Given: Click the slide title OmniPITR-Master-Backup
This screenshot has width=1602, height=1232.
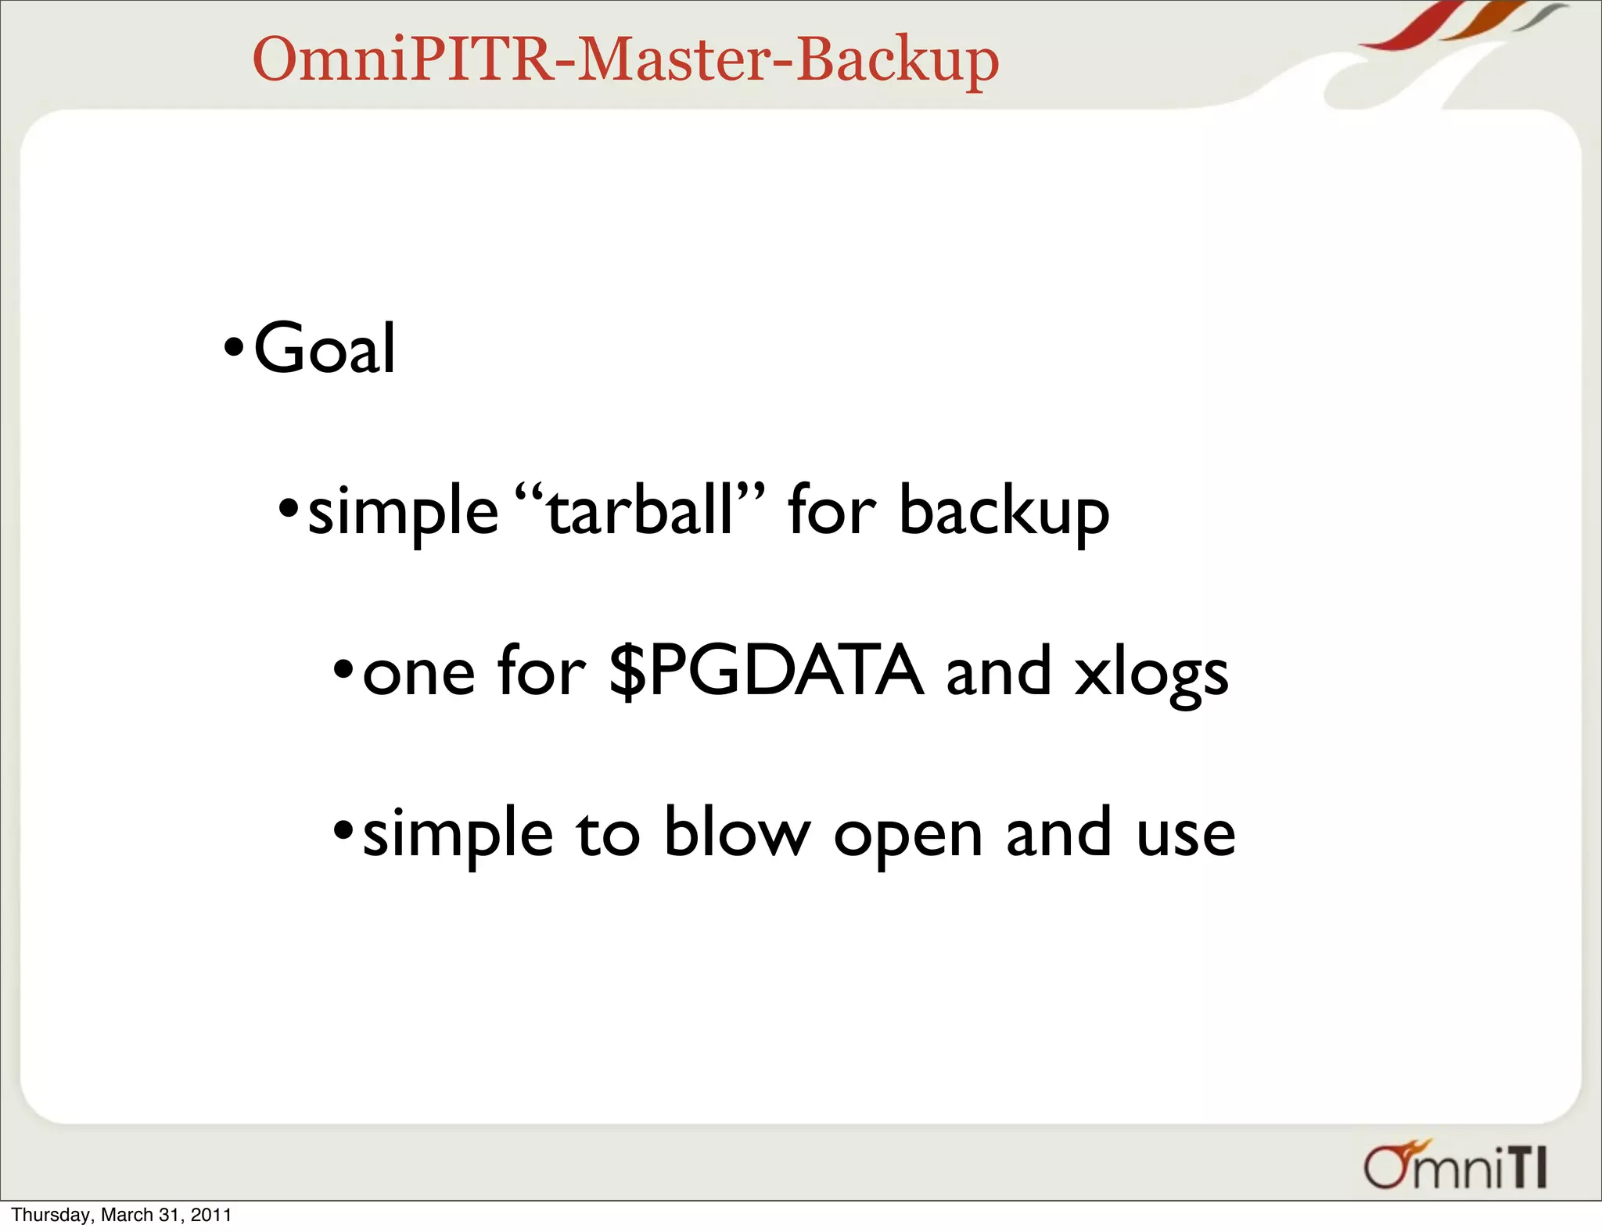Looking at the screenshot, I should coord(625,60).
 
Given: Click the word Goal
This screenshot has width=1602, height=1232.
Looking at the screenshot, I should coord(325,349).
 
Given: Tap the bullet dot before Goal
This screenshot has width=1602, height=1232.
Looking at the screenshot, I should coord(234,346).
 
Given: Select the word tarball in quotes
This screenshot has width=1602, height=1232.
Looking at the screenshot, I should coord(640,510).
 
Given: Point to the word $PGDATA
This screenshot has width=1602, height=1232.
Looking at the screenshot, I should coord(766,671).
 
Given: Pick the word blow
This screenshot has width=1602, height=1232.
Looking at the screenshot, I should coord(737,832).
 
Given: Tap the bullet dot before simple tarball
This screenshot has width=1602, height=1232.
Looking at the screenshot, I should coord(289,508).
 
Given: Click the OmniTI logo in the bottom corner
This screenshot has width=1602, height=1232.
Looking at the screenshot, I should coord(1455,1166).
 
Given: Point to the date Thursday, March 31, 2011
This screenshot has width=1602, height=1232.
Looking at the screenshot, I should coord(121,1215).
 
